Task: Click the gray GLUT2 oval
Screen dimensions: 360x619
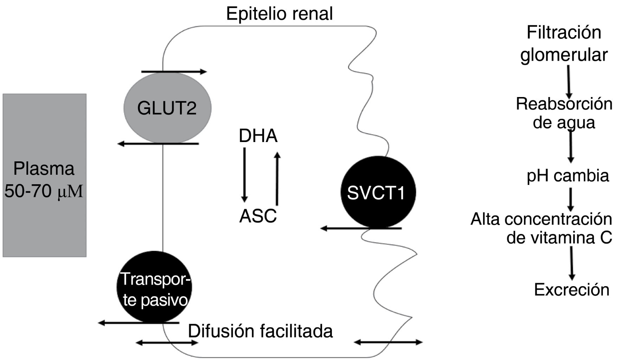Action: coord(167,108)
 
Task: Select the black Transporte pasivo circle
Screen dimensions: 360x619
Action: coord(154,288)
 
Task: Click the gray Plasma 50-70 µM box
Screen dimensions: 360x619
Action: coord(45,175)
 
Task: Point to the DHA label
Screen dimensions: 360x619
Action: coord(258,136)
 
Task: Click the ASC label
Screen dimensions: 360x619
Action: coord(258,216)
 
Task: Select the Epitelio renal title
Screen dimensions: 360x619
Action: coord(279,14)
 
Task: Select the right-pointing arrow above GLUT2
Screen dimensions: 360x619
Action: coord(174,72)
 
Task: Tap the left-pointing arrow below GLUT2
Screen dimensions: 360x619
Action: coord(158,144)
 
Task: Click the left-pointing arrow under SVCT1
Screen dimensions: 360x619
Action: coord(361,229)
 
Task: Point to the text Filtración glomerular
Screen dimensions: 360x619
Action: coord(564,44)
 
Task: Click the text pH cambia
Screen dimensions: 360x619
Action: coord(567,175)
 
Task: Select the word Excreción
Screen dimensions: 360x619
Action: coord(572,290)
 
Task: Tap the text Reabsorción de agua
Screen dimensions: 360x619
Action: coord(564,113)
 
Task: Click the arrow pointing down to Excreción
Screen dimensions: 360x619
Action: coord(572,263)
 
